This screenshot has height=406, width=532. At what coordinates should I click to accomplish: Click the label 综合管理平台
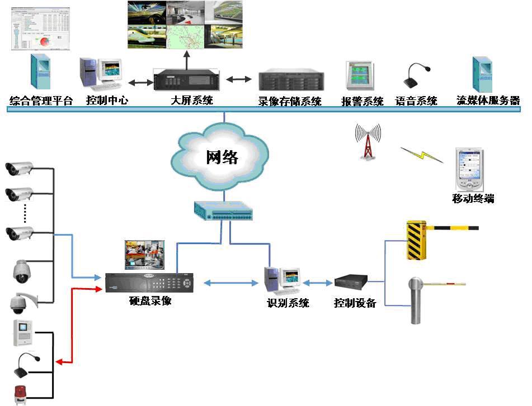click(x=41, y=102)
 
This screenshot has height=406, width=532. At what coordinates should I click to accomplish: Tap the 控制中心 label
click(x=107, y=101)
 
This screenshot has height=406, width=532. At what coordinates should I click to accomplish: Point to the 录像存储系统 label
click(x=290, y=102)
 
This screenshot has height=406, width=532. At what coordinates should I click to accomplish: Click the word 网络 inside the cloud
click(x=223, y=157)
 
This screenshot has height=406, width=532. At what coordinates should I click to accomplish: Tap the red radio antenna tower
click(x=368, y=142)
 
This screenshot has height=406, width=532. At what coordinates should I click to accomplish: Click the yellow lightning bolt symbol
click(x=421, y=155)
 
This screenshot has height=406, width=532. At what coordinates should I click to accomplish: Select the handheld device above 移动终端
click(x=469, y=169)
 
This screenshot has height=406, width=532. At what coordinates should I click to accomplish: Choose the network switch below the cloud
click(x=223, y=211)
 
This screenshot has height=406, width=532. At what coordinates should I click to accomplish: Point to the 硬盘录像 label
click(x=149, y=301)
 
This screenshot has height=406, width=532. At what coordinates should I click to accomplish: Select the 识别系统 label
click(x=288, y=303)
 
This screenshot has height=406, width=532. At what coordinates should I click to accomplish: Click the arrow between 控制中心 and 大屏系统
click(x=140, y=83)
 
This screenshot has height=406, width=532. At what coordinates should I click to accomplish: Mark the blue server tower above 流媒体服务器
click(x=482, y=74)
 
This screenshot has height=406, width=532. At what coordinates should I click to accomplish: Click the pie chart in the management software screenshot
click(x=43, y=42)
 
